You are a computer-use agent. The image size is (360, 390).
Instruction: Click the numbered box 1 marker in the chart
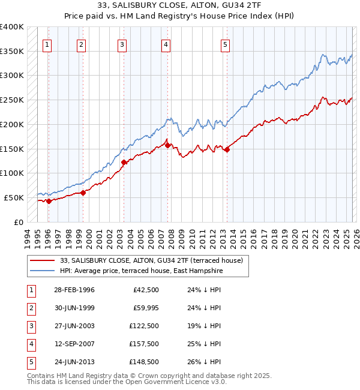coord(47,44)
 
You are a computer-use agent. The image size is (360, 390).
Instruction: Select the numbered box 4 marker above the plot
coord(166,44)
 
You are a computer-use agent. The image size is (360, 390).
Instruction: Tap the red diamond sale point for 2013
coord(227,150)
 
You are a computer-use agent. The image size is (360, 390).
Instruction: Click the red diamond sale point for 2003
coord(124,162)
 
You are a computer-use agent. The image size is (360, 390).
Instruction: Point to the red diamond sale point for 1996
coord(49,202)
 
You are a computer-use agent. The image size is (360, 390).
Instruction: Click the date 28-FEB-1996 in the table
coord(74,290)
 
